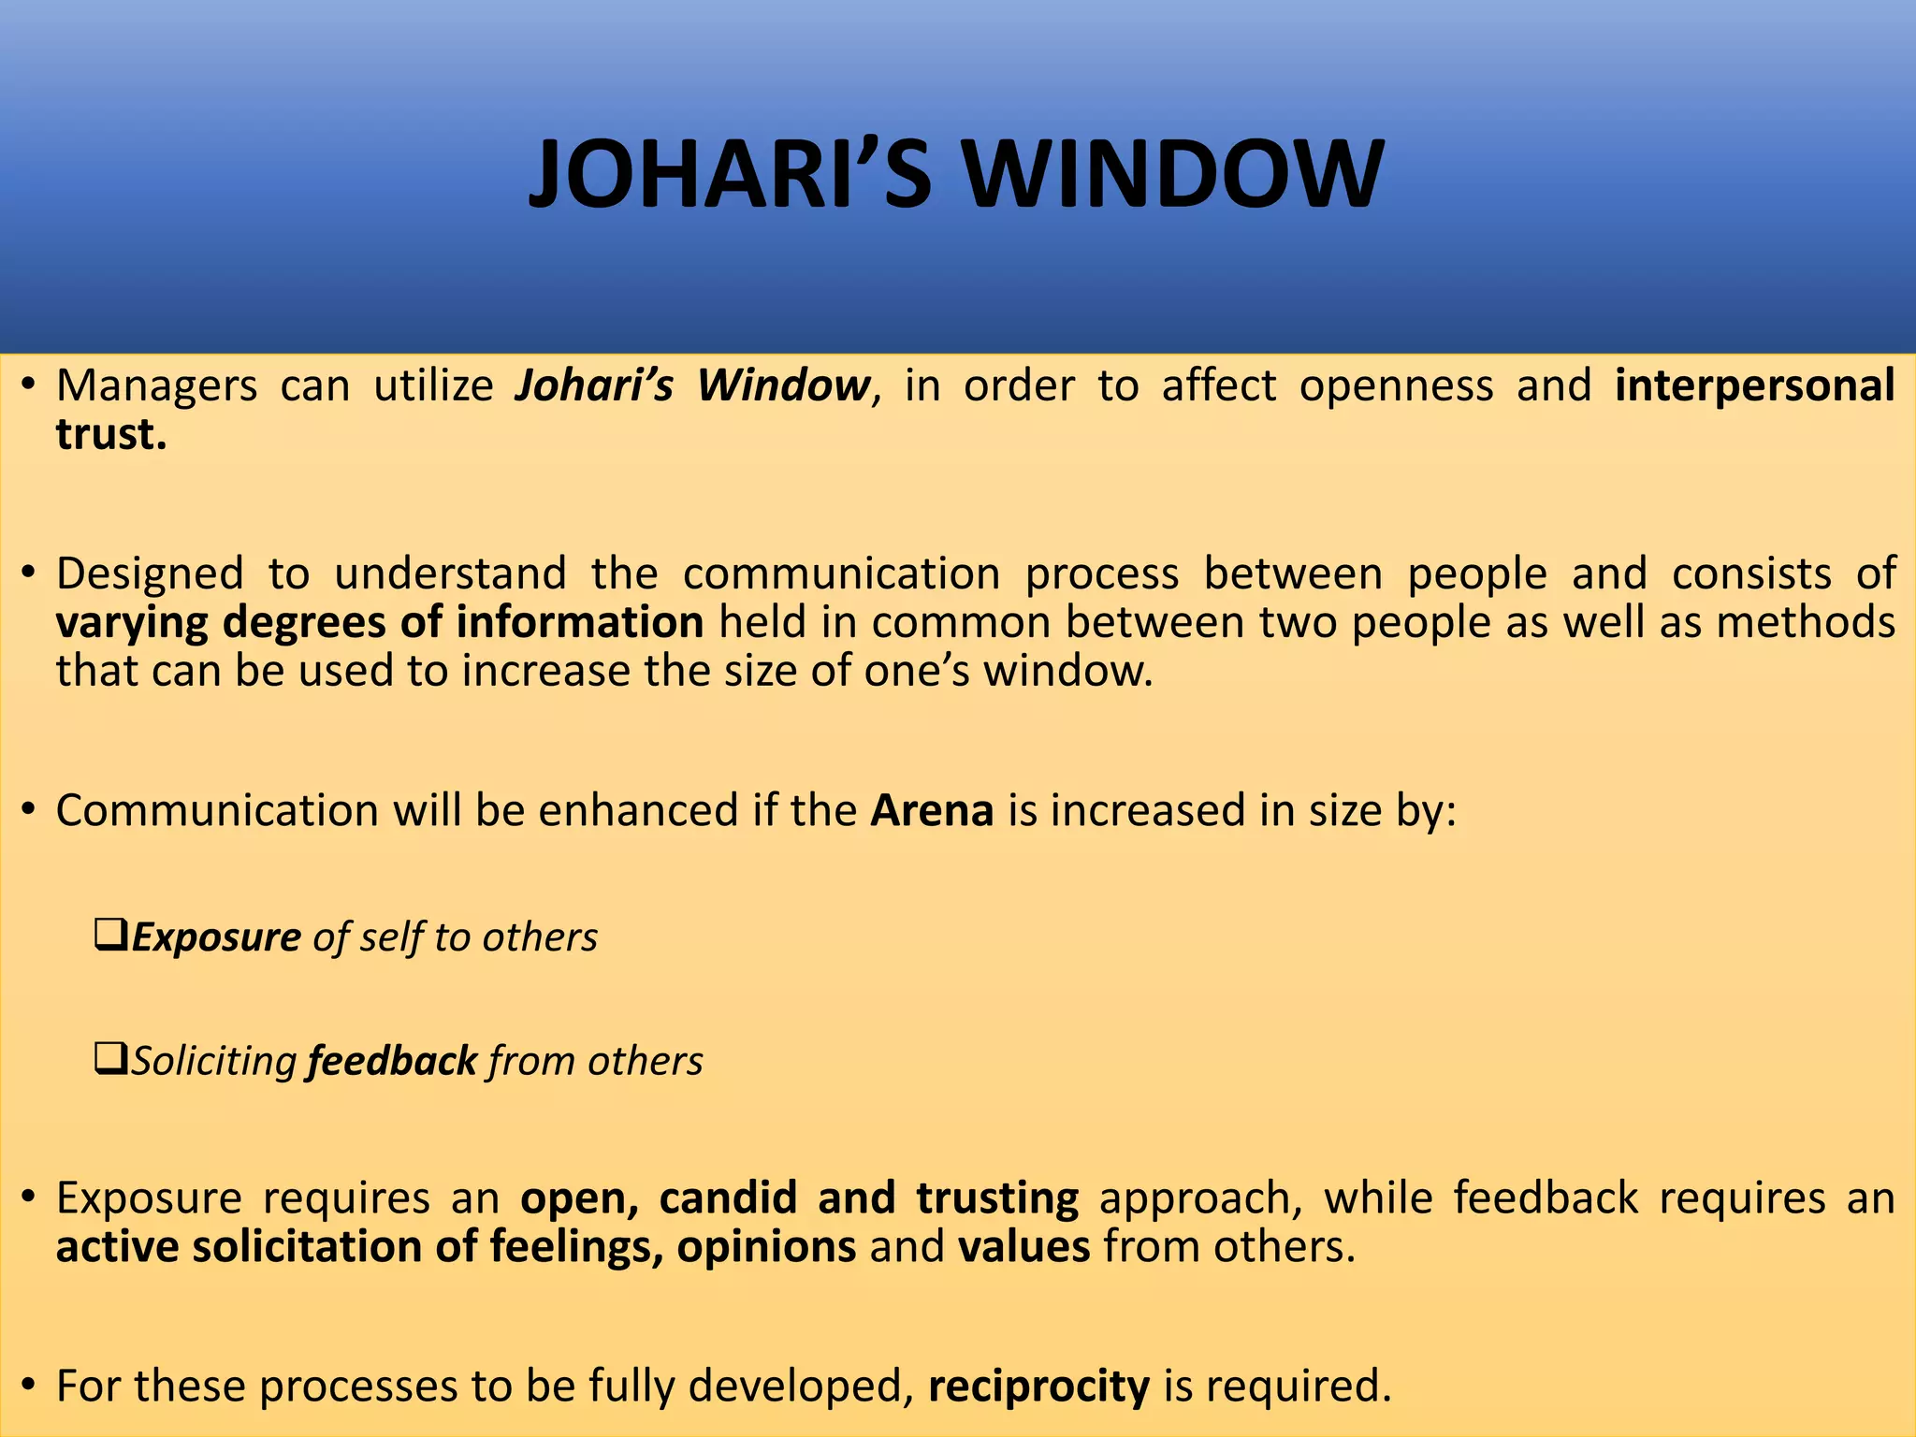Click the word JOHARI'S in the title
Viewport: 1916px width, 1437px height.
coord(730,175)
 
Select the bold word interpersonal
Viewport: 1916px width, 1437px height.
coord(1755,386)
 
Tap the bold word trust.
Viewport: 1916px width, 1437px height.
coord(111,435)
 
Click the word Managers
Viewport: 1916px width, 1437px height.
coord(156,386)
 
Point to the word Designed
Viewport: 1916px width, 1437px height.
coord(150,573)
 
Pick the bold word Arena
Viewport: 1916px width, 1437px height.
coord(932,810)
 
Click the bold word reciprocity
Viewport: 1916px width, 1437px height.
coord(1038,1386)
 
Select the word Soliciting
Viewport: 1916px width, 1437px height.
coord(214,1061)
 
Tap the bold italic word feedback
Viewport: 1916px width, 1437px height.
coord(392,1061)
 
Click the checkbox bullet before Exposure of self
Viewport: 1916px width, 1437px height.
coord(111,935)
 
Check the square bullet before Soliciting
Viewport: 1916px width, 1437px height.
coord(111,1059)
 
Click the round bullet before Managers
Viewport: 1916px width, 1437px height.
coord(29,385)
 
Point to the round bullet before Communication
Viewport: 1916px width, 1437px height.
coord(29,810)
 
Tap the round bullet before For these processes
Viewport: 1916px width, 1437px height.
coord(29,1386)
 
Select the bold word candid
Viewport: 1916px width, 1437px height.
coord(728,1198)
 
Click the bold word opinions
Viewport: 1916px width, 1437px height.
coord(766,1247)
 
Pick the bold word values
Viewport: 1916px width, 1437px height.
coord(1023,1247)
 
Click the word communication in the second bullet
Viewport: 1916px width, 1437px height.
coord(841,573)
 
